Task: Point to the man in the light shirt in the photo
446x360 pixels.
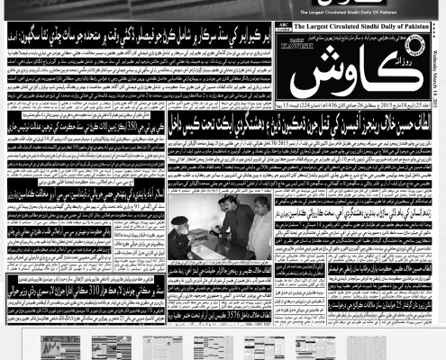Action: (261, 225)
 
